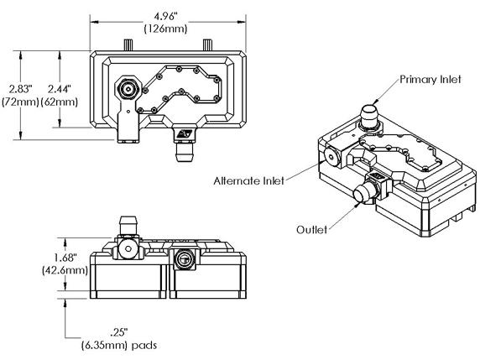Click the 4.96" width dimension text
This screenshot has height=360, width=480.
point(165,16)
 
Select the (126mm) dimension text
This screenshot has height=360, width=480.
point(165,29)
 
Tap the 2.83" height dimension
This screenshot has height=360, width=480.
point(20,89)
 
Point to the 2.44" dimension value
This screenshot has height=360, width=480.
point(60,89)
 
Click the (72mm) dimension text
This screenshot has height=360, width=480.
point(20,102)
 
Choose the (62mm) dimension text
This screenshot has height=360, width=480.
point(60,102)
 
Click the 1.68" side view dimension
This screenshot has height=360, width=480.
point(65,258)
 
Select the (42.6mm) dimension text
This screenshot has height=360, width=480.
point(65,270)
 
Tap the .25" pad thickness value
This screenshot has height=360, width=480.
point(119,332)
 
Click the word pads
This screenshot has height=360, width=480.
point(144,346)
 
